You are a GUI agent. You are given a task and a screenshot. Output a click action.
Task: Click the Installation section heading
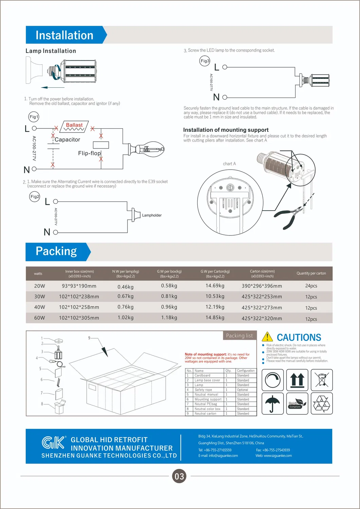tap(65, 35)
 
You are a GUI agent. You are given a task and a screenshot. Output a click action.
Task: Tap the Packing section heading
tap(56, 251)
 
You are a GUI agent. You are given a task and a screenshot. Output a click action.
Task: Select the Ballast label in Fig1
tap(74, 125)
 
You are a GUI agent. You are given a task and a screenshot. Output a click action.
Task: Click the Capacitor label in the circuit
tap(67, 140)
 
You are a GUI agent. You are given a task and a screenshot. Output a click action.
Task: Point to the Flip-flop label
tap(89, 153)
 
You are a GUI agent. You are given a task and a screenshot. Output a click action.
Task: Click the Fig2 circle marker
tap(35, 197)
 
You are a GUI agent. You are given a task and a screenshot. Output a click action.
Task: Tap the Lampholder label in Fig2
tap(152, 215)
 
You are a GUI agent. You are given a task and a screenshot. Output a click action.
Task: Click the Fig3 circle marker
tap(205, 61)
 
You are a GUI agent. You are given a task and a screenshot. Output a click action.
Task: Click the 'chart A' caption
tap(229, 164)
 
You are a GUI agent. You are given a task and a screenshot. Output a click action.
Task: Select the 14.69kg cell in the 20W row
tap(215, 286)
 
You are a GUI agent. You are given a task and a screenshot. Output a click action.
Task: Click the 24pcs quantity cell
tap(311, 286)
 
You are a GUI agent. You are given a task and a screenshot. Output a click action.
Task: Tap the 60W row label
tap(39, 318)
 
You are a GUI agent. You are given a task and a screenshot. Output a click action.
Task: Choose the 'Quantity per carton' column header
tap(311, 273)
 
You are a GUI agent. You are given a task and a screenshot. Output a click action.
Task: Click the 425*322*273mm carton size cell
tap(262, 308)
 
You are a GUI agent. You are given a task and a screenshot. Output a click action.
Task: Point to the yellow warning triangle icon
tap(267, 337)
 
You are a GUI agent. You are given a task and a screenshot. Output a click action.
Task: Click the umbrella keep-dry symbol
tap(272, 404)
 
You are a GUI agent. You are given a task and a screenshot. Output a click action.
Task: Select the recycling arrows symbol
tap(321, 404)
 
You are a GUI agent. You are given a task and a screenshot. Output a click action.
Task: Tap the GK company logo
tap(54, 442)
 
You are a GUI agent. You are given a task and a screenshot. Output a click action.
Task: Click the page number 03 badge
tap(179, 476)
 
